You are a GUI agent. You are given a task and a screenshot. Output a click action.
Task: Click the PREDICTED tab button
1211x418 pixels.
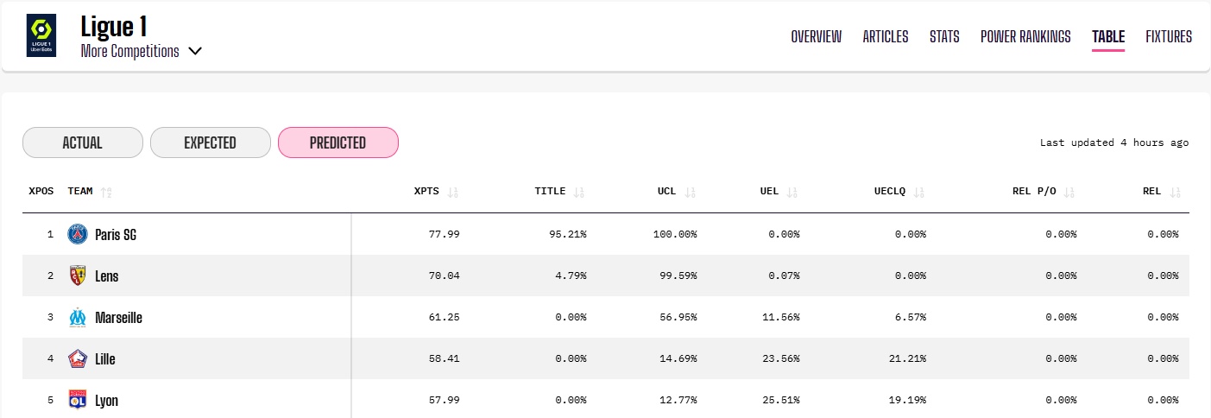337,142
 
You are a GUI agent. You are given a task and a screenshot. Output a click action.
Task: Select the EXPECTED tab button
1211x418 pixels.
210,142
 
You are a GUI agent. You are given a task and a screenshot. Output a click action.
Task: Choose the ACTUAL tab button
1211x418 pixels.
82,142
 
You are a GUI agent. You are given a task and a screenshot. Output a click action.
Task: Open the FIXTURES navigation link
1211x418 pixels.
1169,36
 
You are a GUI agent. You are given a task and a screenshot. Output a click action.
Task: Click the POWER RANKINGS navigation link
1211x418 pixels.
1025,36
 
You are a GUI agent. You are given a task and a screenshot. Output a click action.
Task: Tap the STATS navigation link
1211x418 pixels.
944,36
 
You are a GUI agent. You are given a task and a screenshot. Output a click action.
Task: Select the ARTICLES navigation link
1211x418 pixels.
886,36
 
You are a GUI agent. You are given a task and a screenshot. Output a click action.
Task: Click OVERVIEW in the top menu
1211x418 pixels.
816,36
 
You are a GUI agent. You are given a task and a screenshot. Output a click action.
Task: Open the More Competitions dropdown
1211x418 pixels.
142,51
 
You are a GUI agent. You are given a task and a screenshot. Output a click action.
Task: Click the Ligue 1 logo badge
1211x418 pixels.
41,35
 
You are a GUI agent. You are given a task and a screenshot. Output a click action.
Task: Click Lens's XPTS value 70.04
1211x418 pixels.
443,275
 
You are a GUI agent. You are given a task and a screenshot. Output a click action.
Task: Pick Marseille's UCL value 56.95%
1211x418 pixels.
677,317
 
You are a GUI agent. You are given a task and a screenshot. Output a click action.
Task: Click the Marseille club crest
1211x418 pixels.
78,317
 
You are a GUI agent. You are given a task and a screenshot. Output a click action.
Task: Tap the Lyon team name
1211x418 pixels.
106,401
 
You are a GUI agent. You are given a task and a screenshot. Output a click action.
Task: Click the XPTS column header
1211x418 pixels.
427,191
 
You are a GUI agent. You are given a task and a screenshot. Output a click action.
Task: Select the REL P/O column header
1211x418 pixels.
1032,191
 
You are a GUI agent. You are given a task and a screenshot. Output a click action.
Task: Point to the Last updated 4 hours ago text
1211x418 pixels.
1113,142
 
